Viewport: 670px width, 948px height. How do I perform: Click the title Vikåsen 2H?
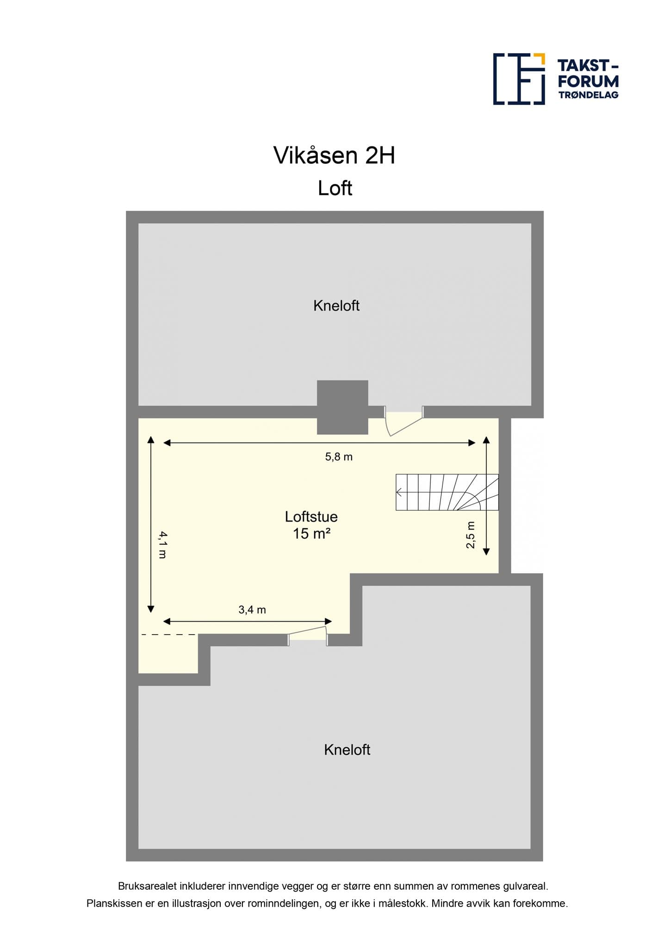point(334,156)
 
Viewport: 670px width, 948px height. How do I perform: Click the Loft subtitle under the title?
point(335,188)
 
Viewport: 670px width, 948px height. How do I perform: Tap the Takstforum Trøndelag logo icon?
point(519,79)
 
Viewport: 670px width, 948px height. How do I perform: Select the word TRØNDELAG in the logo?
point(588,95)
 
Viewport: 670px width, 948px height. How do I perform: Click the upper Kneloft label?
point(336,306)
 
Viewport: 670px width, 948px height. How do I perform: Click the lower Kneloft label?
point(347,749)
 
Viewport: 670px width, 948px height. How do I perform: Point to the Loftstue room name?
point(311,517)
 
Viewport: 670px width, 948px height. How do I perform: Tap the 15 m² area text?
point(311,534)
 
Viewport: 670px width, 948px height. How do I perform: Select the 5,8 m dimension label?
point(339,457)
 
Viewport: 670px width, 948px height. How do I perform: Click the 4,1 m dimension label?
point(162,544)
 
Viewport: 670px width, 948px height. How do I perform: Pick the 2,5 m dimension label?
point(471,535)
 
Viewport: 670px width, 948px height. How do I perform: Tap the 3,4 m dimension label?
point(252,610)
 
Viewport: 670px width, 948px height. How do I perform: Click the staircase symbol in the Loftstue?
point(447,492)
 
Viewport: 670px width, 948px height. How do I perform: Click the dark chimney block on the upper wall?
point(342,407)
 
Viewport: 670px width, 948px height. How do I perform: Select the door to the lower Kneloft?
point(308,635)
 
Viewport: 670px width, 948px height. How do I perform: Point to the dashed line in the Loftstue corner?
point(168,635)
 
